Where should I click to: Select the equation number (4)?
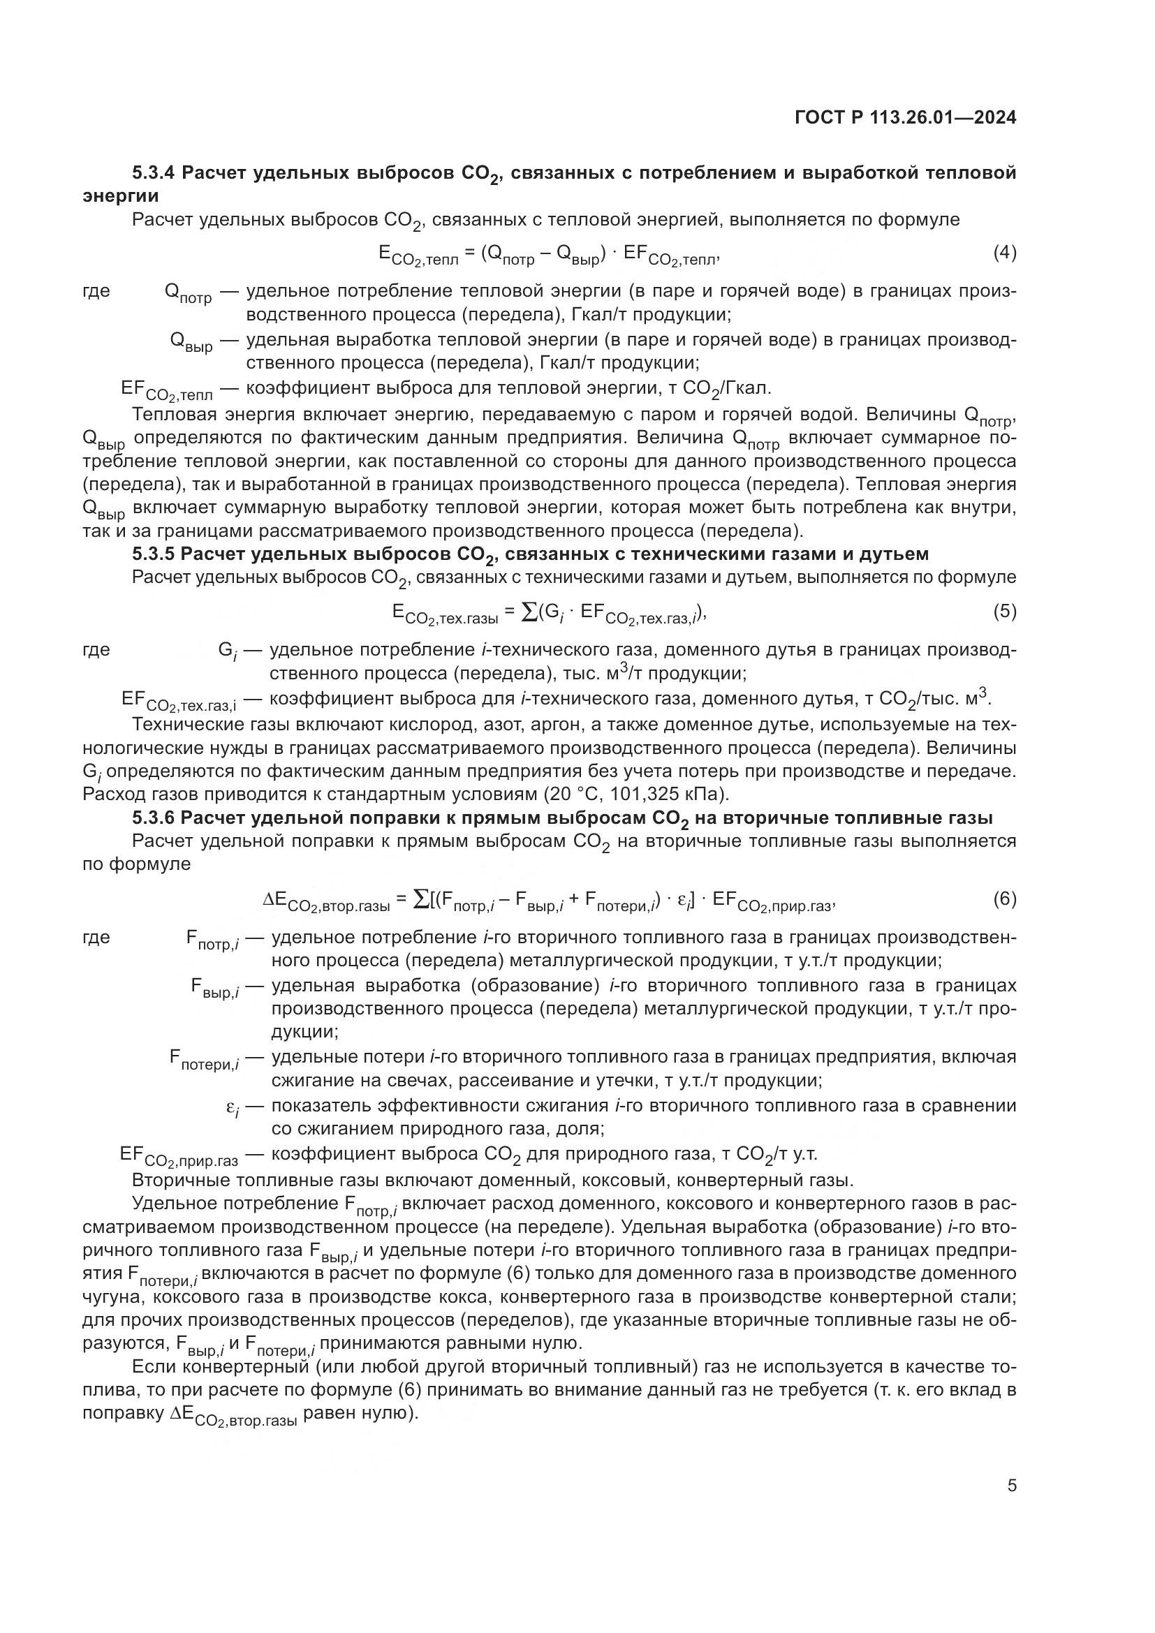1004,253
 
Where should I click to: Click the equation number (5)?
1004,611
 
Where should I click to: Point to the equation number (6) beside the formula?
1004,899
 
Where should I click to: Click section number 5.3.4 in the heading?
154,172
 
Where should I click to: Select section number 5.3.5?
154,554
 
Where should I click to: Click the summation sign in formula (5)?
530,612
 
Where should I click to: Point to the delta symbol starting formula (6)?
268,900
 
